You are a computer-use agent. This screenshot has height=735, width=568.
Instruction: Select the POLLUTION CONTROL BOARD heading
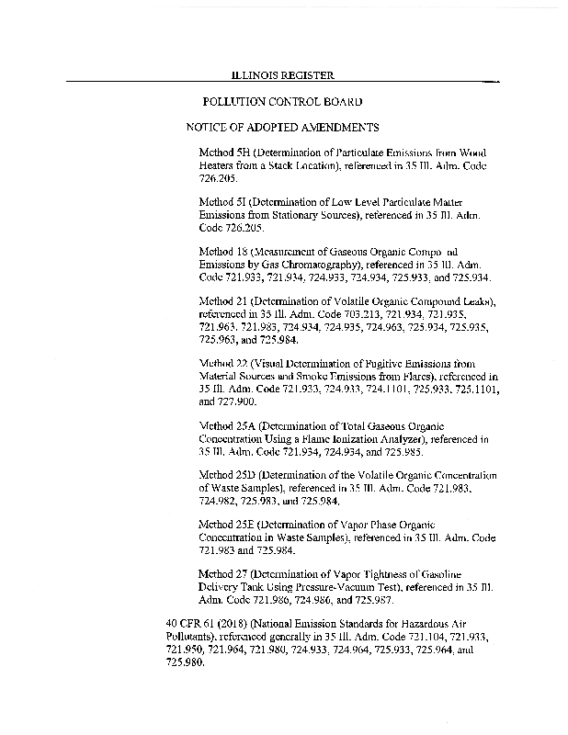[x=282, y=101]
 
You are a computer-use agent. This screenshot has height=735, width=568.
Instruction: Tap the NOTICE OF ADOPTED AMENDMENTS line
[x=282, y=127]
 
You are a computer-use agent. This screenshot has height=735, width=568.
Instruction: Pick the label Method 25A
[x=226, y=425]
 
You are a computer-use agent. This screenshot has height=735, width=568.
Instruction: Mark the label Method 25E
[x=226, y=524]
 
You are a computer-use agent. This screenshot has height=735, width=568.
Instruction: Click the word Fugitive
[x=366, y=363]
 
